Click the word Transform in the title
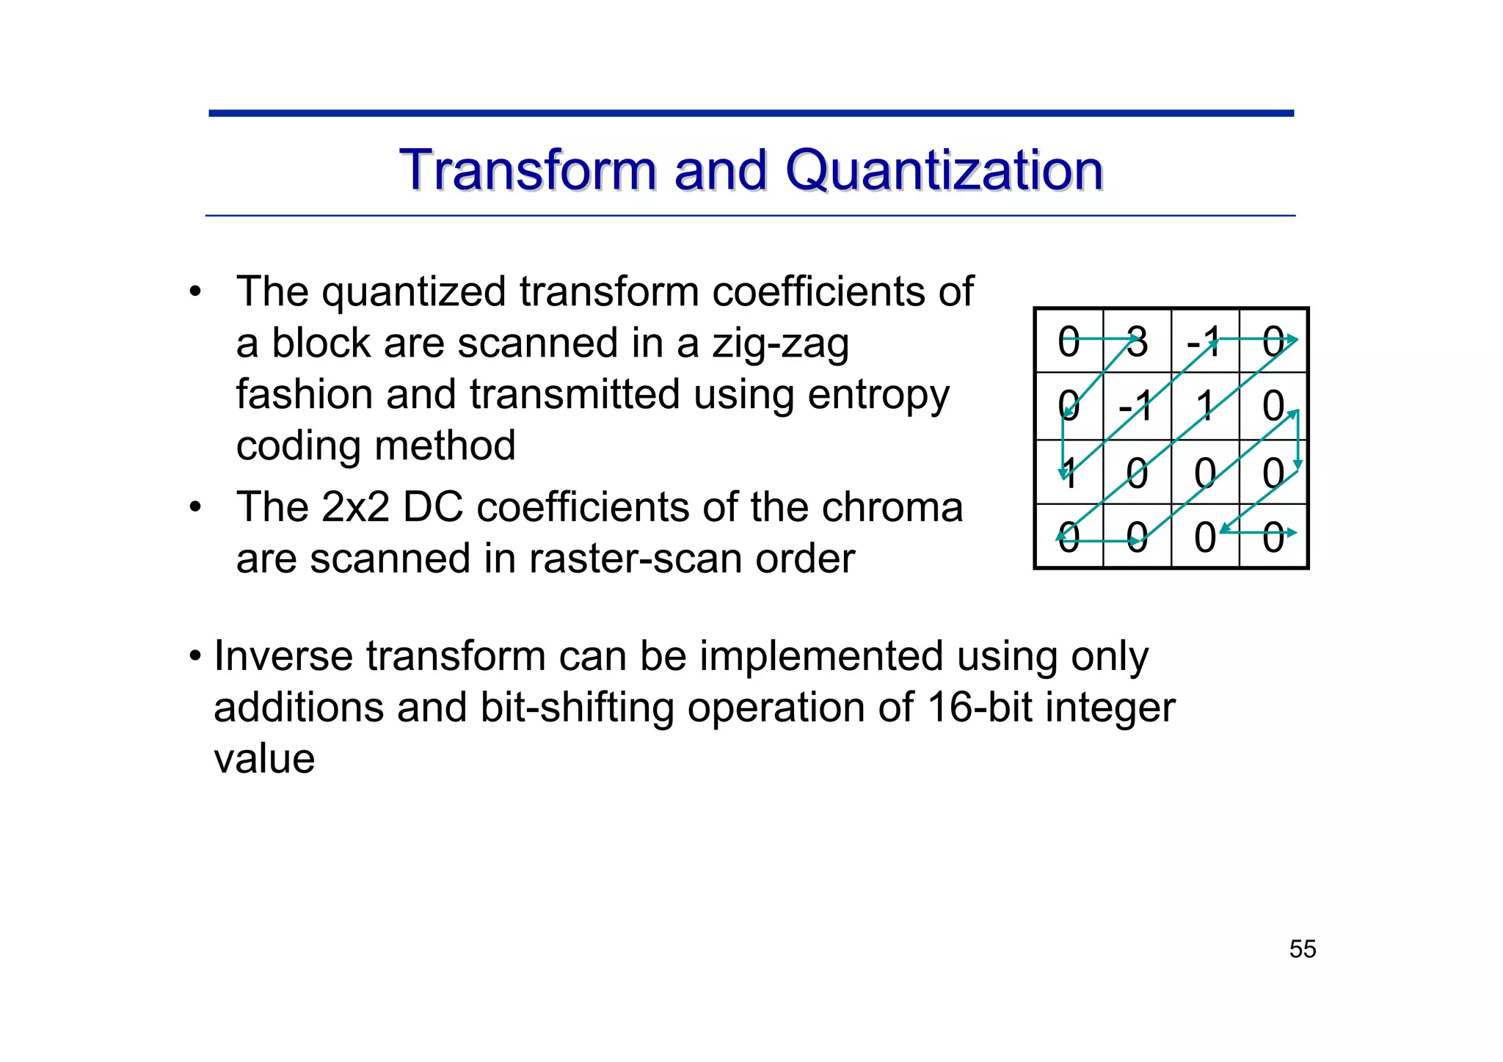coord(528,170)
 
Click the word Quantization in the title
coord(944,170)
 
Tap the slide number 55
coord(1302,949)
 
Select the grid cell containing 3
coord(1137,341)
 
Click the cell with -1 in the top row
coord(1204,341)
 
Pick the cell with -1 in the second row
coord(1137,406)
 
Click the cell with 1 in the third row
coord(1069,472)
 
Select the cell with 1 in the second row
coord(1204,406)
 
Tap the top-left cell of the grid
coord(1069,341)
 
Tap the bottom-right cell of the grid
coord(1273,537)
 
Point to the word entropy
coord(878,396)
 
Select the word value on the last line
coord(264,759)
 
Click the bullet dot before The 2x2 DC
coord(194,508)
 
